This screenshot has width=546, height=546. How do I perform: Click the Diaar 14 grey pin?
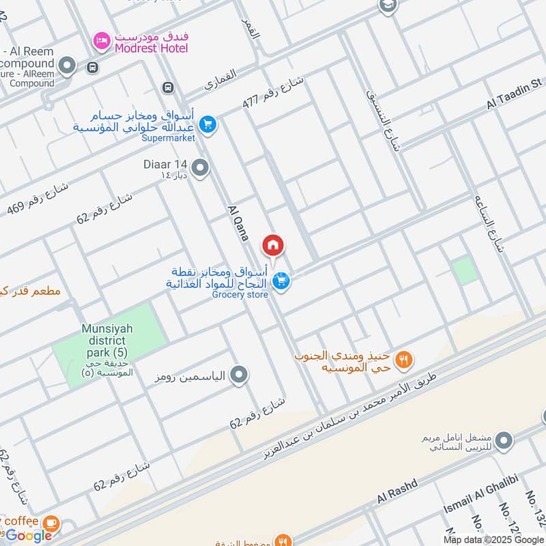pos(200,167)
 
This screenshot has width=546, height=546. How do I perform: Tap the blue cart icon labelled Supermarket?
pos(208,125)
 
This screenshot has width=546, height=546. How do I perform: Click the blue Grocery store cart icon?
pos(280,281)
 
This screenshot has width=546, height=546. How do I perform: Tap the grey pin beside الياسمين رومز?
pos(239,375)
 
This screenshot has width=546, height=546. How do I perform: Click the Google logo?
pos(29,536)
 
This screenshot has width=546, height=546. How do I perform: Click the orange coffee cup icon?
pos(50,523)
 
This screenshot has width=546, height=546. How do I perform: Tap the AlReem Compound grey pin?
pos(67,66)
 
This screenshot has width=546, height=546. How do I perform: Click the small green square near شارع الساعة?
pos(465,271)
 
